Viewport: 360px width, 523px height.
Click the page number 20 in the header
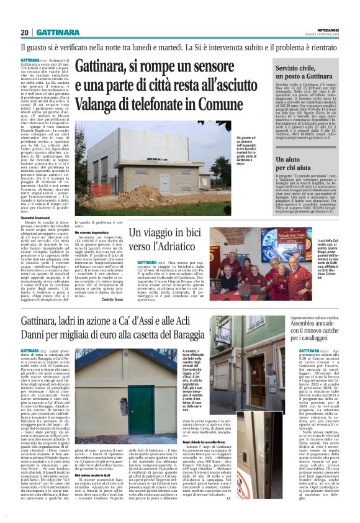[x=24, y=32]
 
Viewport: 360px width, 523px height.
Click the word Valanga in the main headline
[x=99, y=106]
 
